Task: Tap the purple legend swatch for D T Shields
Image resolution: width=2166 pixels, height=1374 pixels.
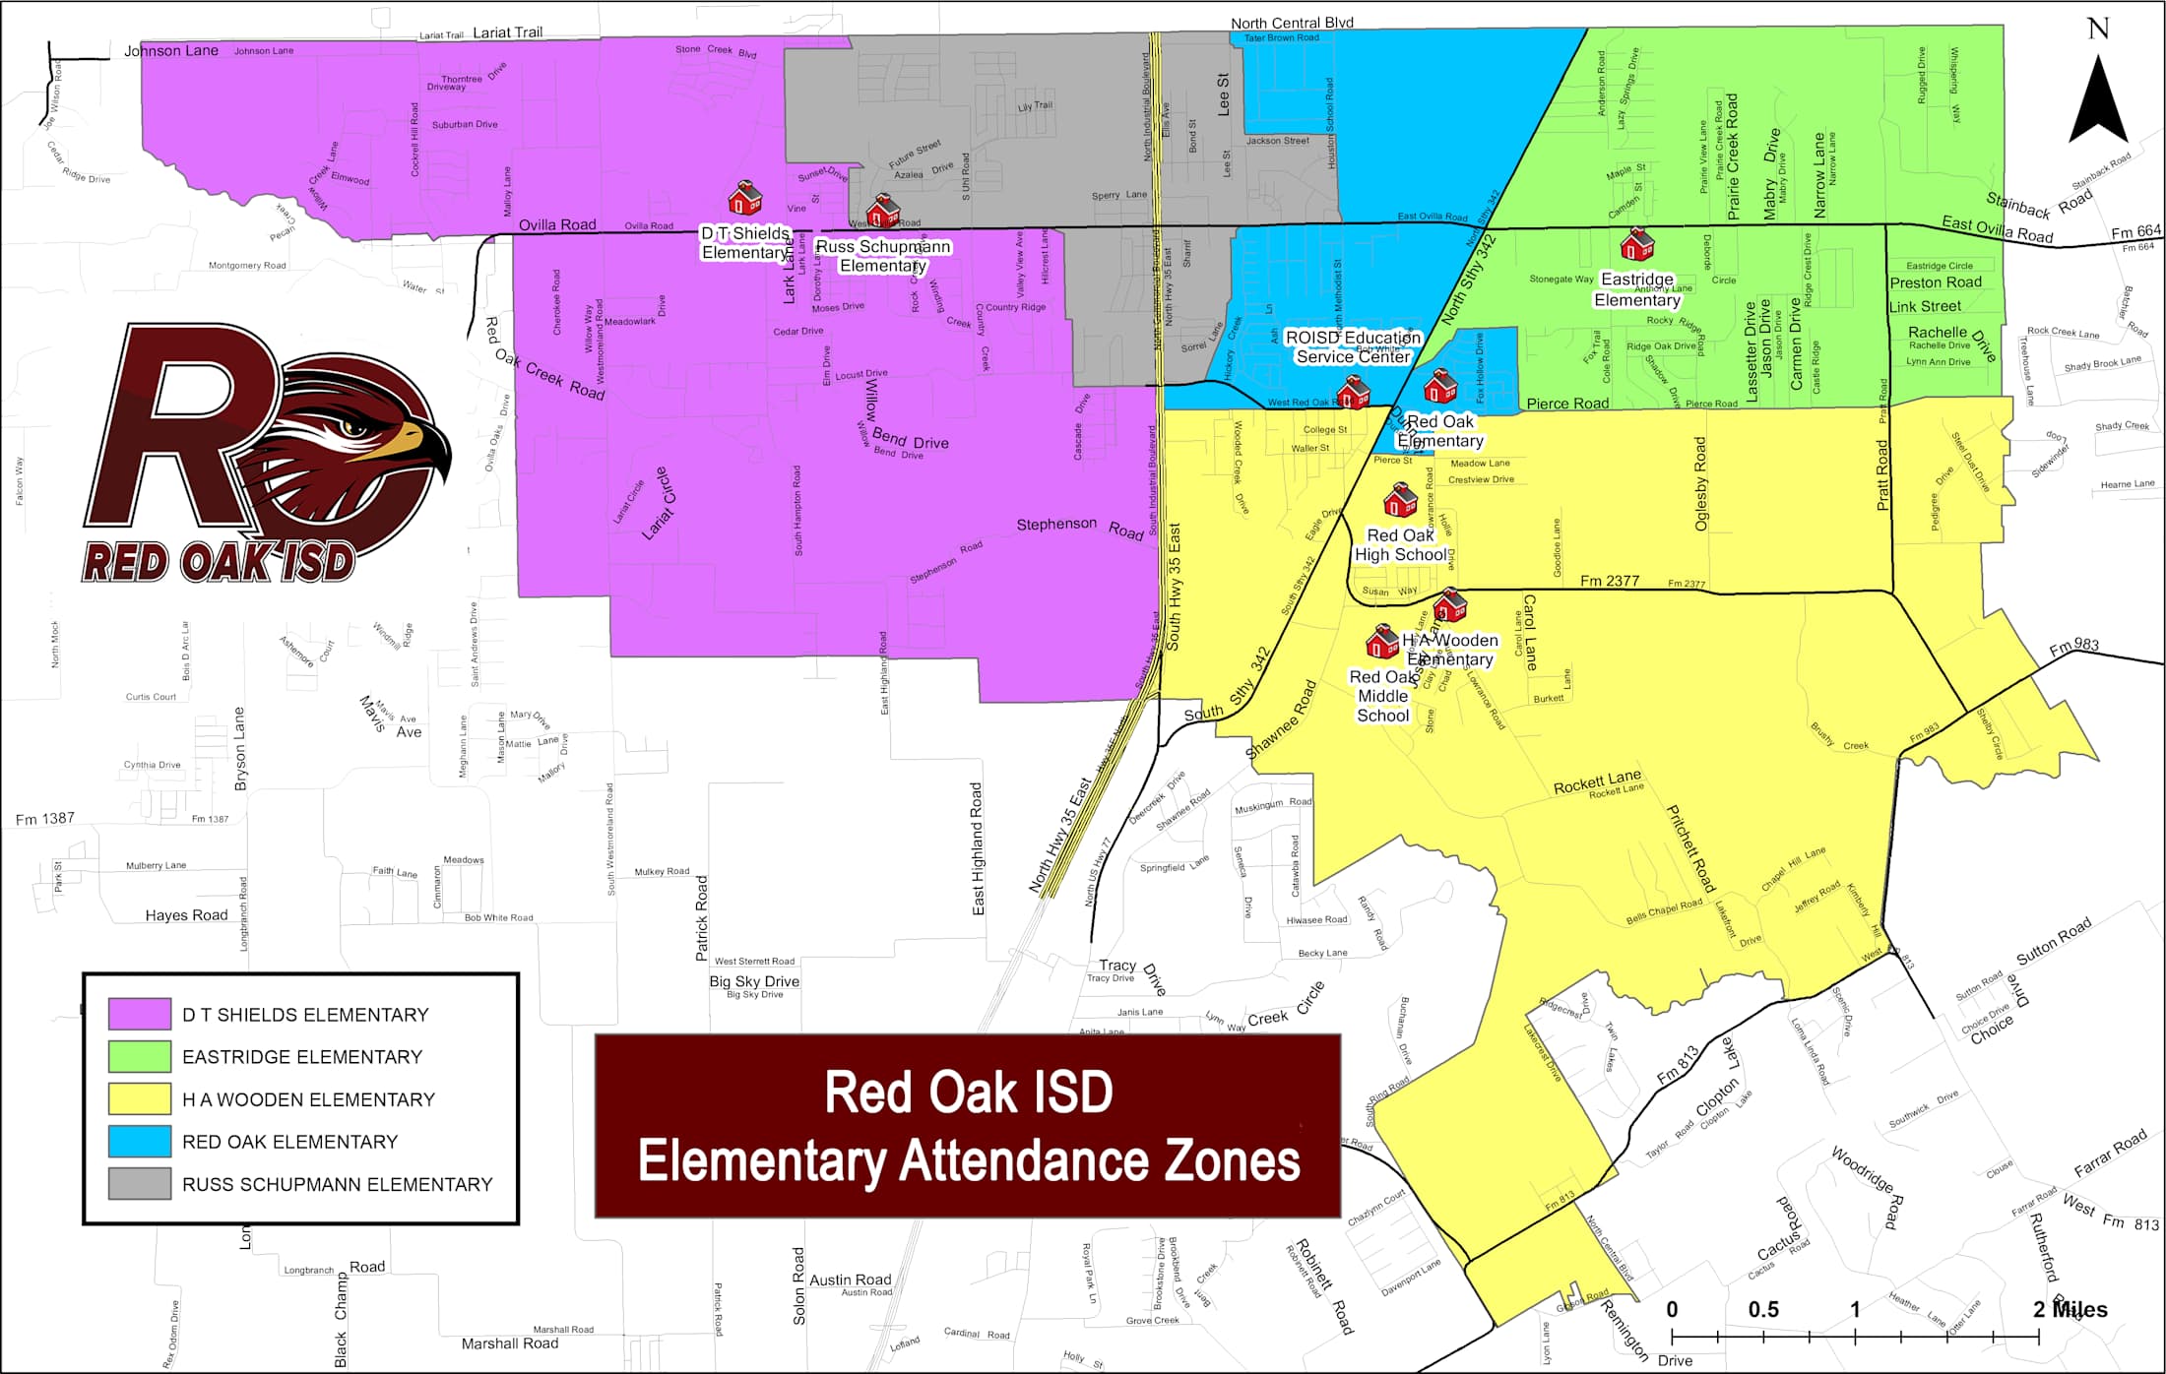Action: [x=140, y=1014]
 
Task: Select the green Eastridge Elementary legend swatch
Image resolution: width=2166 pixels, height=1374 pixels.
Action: [x=140, y=1056]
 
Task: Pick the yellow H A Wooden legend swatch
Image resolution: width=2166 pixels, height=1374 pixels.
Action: [x=140, y=1098]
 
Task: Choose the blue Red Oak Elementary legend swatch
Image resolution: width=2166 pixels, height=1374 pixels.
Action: [x=140, y=1141]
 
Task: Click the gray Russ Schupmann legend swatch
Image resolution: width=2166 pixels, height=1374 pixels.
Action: [x=140, y=1183]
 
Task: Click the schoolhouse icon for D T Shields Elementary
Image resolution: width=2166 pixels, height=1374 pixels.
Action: [x=744, y=198]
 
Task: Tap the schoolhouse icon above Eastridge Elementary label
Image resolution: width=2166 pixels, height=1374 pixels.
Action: [x=1637, y=243]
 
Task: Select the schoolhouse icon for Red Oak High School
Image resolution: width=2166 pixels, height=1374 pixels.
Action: [x=1400, y=501]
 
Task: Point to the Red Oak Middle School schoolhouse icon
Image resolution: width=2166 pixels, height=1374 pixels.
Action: [x=1382, y=642]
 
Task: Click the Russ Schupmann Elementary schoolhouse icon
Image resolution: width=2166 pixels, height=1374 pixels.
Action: [x=882, y=211]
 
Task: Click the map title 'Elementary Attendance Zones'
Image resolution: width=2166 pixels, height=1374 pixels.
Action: [x=968, y=1161]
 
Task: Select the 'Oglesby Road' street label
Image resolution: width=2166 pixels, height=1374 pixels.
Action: [x=1700, y=484]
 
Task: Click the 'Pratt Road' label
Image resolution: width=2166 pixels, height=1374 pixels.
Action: [x=1882, y=475]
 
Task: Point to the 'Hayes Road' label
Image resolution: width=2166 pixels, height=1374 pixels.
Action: [x=186, y=915]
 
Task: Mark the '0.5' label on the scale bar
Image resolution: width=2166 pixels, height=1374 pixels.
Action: [x=1762, y=1310]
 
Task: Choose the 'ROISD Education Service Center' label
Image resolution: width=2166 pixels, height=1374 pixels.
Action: [x=1353, y=346]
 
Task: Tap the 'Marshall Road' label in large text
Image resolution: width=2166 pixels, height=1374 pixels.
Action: [x=509, y=1343]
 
